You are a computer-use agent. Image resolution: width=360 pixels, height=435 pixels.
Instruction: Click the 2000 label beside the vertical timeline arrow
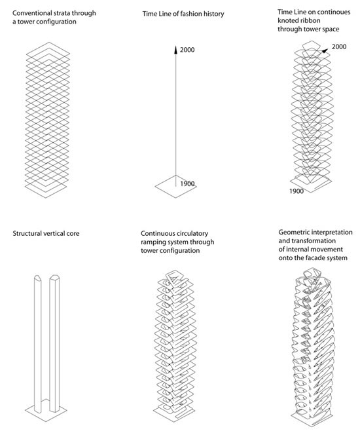(187, 50)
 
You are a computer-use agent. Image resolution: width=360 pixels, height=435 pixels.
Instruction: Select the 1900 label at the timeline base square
(187, 183)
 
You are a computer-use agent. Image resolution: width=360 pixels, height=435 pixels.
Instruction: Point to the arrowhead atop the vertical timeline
(175, 49)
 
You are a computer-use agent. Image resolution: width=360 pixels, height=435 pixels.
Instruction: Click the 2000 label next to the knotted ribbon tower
(339, 47)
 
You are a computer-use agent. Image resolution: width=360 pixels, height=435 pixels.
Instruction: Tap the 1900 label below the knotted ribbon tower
(297, 191)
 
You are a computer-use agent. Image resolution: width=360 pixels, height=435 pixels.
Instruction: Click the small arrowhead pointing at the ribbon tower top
(325, 50)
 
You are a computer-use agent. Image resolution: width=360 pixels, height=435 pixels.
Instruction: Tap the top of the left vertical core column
(37, 277)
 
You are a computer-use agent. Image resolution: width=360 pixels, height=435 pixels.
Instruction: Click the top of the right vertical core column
(54, 277)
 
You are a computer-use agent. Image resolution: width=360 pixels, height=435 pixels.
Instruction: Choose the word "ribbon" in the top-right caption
(311, 20)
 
